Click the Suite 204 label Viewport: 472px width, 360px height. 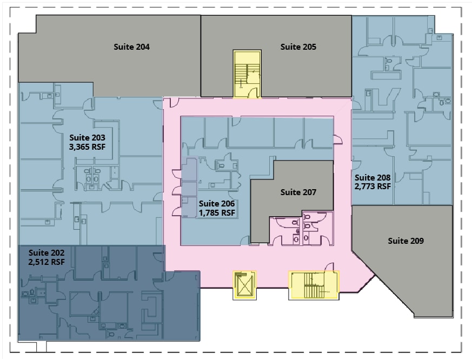point(131,47)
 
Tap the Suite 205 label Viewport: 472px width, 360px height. point(298,47)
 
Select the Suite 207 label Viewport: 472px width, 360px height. point(298,192)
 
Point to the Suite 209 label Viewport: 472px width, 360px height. point(406,241)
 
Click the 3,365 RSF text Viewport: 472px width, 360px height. point(87,147)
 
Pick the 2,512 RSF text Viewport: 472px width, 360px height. point(46,262)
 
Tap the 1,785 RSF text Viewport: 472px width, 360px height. point(217,213)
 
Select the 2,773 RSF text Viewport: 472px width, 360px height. point(373,186)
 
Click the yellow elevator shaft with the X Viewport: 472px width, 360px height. point(244,285)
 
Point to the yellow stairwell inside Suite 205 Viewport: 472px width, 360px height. point(247,74)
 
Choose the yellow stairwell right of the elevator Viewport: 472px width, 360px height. point(314,285)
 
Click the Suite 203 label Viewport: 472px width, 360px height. point(87,138)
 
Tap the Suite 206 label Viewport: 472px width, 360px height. point(217,204)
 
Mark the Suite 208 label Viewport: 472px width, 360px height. point(373,178)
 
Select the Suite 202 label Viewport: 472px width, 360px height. point(46,253)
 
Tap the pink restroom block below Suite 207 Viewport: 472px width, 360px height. point(301,228)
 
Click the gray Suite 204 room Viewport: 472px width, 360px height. point(121,54)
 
